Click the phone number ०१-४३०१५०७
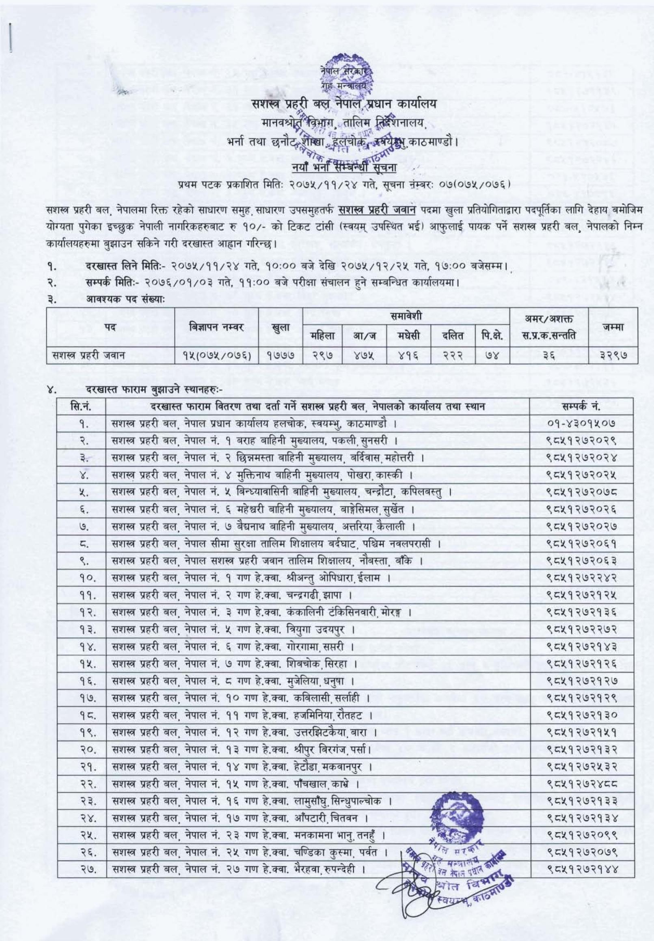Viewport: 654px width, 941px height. pyautogui.click(x=582, y=423)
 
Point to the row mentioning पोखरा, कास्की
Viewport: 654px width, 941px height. pyautogui.click(x=262, y=475)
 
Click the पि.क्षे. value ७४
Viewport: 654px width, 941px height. pyautogui.click(x=491, y=355)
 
